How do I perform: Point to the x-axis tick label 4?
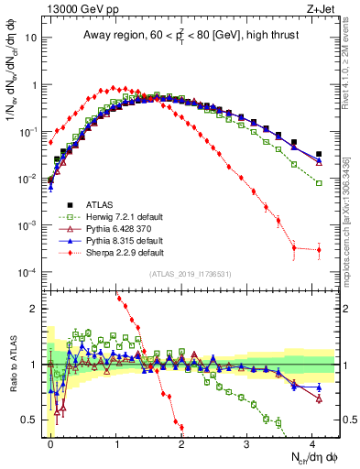[x=311, y=442]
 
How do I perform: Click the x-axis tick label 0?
[x=50, y=442]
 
